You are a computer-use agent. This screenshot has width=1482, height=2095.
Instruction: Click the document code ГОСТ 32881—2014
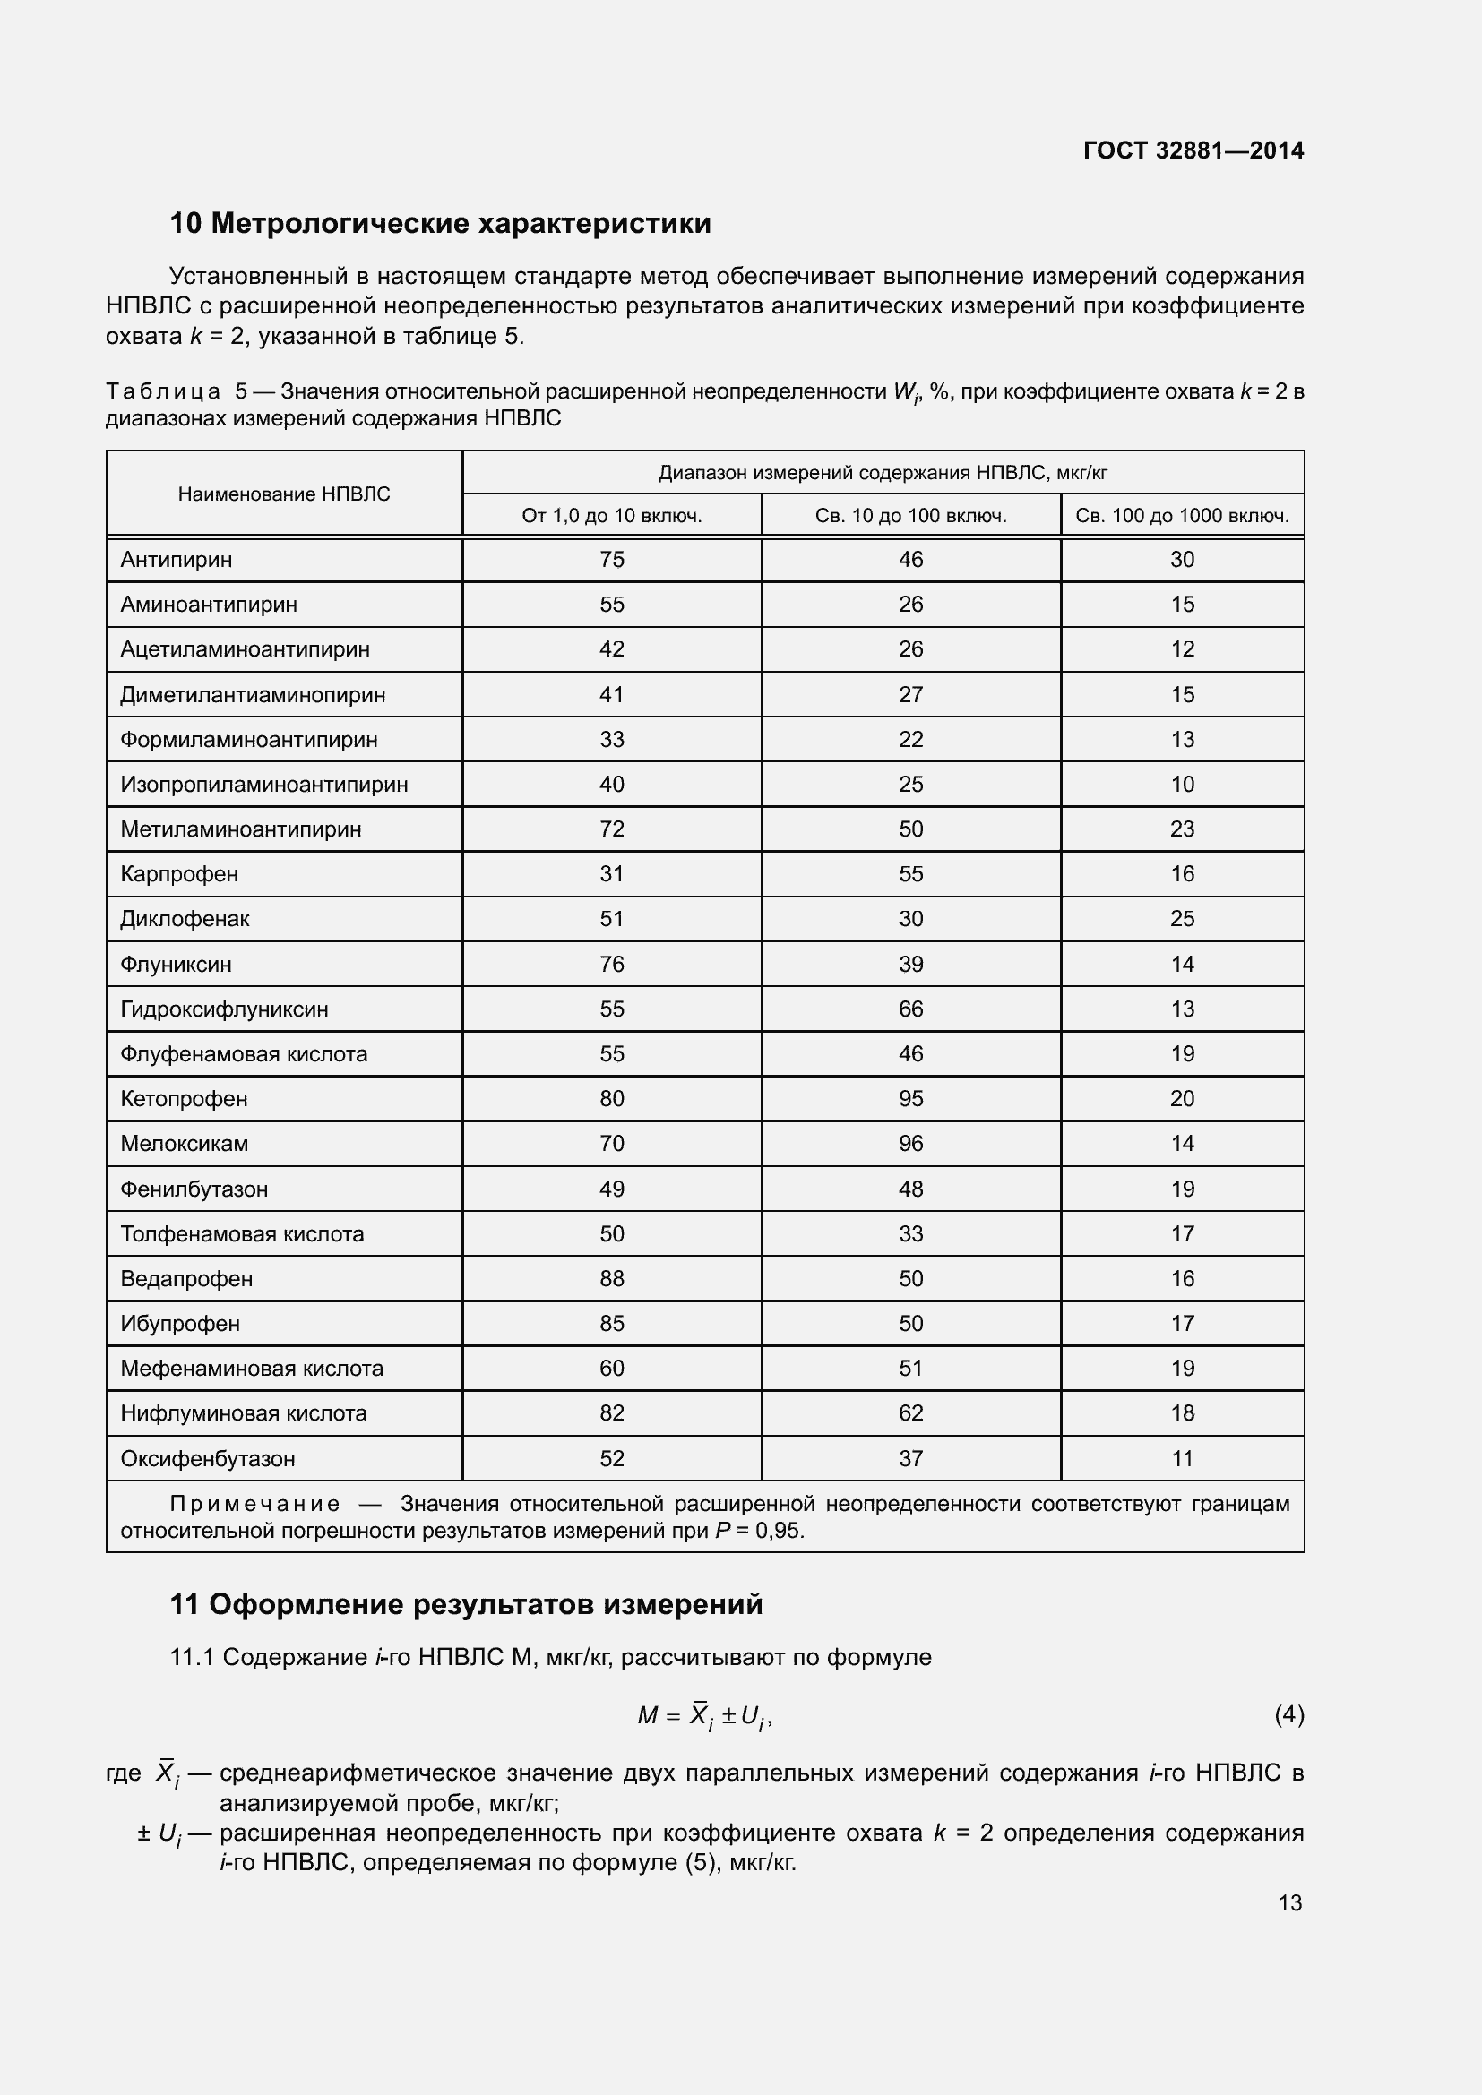1193,150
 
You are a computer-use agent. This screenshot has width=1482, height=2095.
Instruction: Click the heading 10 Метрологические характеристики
440,224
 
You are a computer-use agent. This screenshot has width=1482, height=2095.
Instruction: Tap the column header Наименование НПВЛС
284,494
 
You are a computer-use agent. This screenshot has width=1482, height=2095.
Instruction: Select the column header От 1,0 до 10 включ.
611,516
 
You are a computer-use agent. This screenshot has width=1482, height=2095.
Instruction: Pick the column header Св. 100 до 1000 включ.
1182,516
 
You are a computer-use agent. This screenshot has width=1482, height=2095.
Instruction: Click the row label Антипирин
177,559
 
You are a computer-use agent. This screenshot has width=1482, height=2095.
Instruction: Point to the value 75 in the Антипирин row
611,559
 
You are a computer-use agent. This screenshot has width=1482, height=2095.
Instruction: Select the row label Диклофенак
185,919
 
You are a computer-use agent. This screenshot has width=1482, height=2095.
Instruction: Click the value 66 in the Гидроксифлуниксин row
910,1009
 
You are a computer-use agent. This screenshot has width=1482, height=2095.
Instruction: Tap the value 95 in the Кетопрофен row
910,1099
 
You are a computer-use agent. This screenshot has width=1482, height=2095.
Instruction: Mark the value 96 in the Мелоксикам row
910,1143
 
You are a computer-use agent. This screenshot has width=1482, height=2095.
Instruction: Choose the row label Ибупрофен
180,1323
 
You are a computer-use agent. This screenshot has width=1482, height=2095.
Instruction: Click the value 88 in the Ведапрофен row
611,1278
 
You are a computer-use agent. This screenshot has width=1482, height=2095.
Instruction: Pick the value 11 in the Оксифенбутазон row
1182,1458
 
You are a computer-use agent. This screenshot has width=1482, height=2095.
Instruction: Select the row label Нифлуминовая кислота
244,1412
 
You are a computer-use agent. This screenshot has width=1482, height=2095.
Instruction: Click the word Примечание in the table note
254,1504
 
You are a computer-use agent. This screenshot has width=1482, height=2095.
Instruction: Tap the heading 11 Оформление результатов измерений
465,1604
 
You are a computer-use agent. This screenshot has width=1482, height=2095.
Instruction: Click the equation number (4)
1288,1715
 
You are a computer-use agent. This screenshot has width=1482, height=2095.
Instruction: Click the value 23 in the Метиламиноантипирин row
1182,829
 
